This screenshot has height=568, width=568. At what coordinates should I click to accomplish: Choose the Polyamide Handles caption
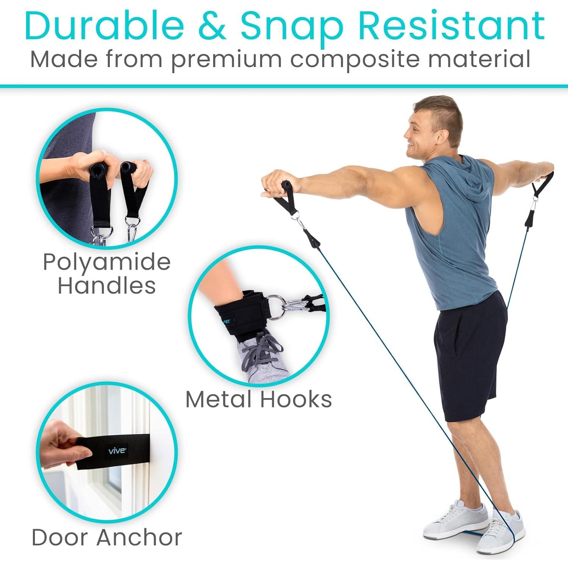(x=107, y=273)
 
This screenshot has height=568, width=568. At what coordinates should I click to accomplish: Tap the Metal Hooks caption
(x=259, y=399)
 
